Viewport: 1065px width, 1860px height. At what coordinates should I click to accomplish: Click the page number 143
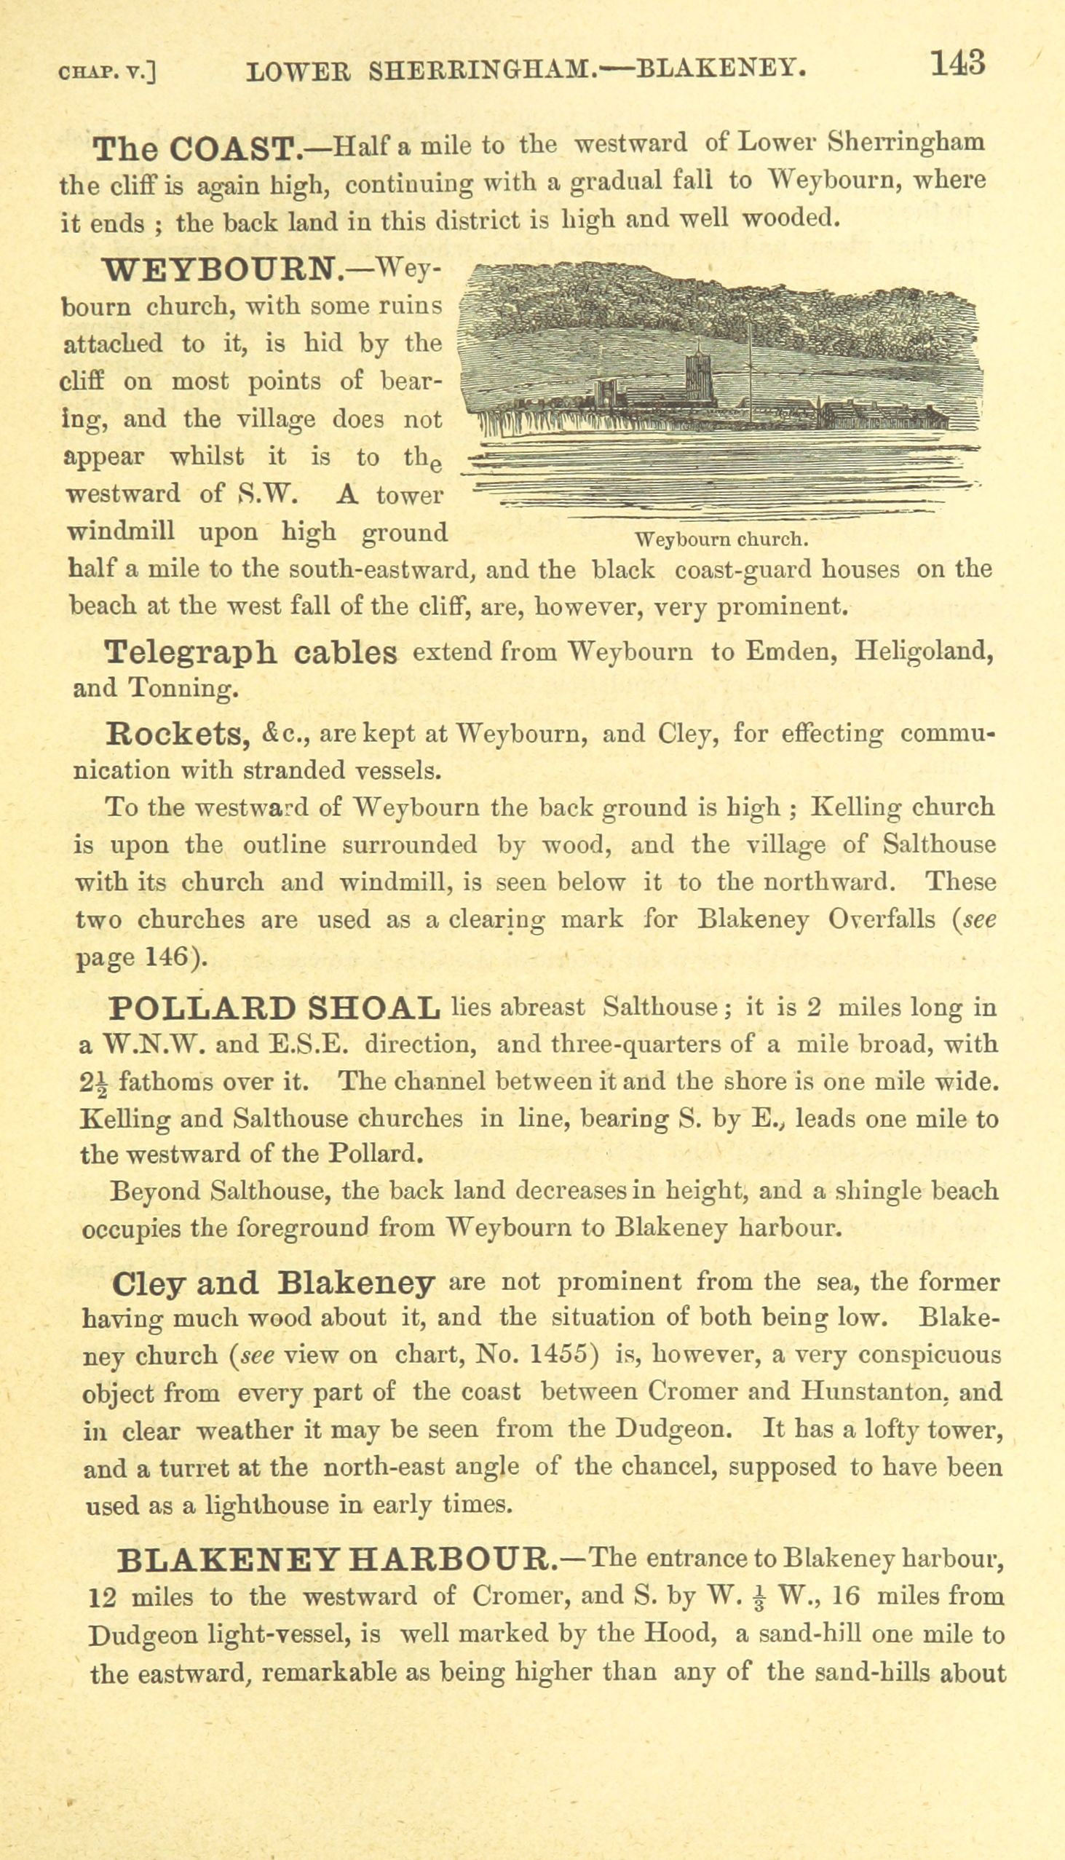957,63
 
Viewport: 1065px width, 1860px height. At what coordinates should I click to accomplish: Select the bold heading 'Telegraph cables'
251,652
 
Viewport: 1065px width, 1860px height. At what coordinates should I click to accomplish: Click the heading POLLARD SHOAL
274,1009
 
